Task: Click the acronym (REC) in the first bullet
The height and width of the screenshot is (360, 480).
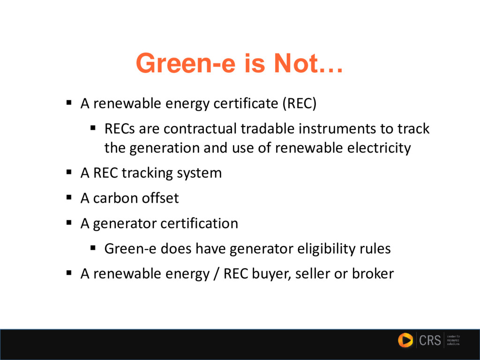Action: pos(299,103)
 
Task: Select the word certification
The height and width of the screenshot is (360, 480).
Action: pos(199,224)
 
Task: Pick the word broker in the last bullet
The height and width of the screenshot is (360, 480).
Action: pos(373,274)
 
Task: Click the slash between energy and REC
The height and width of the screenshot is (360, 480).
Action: pos(216,274)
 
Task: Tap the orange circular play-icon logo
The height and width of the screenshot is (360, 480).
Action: pos(405,340)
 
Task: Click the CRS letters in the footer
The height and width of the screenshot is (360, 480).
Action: pos(430,340)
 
